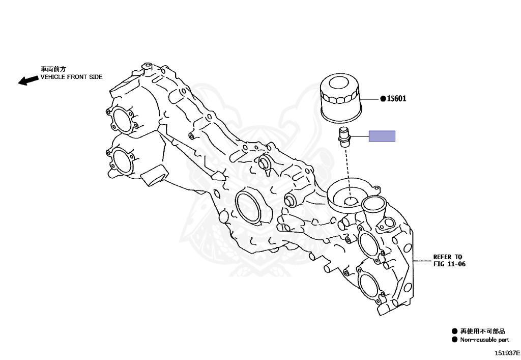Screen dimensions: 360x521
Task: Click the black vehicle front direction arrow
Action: (28, 80)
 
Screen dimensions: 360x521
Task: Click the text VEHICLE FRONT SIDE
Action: (71, 77)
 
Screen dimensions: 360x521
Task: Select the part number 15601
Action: (396, 99)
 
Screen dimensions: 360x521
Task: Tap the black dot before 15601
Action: (383, 99)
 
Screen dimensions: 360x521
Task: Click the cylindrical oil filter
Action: (340, 99)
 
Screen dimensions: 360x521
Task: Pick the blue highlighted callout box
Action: (382, 136)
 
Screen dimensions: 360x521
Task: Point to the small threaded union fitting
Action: (344, 137)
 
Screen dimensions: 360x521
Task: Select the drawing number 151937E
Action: (507, 352)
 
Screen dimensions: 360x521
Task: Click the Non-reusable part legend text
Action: (484, 340)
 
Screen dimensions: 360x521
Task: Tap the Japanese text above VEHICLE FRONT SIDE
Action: (53, 68)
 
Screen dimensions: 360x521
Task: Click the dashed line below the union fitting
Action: (348, 168)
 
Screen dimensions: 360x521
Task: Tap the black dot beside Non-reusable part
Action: (454, 340)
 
